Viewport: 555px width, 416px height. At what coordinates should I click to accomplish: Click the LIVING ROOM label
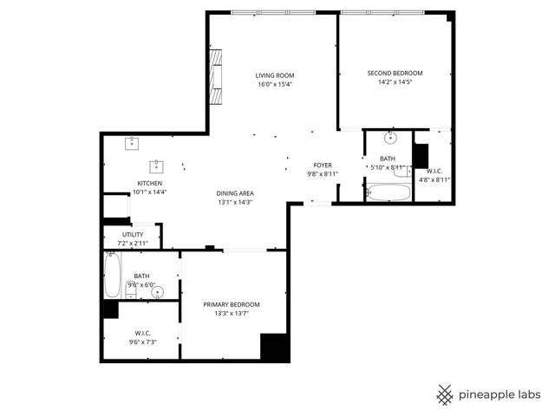coord(274,75)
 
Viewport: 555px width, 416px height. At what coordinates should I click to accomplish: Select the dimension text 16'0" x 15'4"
coord(274,85)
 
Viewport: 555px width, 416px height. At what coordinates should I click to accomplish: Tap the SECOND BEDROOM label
coord(395,73)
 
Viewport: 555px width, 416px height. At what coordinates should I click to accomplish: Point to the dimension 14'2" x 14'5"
coord(395,82)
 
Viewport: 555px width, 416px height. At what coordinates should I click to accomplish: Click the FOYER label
coord(323,165)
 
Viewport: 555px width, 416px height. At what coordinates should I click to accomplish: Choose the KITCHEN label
coord(151,182)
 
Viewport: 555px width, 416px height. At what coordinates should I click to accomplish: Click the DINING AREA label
coord(235,192)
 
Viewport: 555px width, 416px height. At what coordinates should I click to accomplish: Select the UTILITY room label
coord(133,234)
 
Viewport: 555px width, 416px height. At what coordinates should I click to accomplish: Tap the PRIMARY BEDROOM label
coord(232,304)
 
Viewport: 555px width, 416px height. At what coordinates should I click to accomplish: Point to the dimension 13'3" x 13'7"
coord(232,314)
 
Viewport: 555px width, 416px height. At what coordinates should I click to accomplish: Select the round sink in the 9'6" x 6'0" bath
coord(157,292)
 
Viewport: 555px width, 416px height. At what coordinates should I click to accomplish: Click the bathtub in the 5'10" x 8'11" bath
coord(388,192)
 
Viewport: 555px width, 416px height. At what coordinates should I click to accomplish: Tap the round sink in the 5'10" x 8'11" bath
coord(390,137)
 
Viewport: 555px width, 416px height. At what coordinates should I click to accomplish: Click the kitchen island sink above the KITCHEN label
coord(158,165)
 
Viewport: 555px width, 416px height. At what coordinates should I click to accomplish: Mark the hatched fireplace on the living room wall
coord(216,77)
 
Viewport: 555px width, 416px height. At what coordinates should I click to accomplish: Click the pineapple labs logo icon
coord(445,394)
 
